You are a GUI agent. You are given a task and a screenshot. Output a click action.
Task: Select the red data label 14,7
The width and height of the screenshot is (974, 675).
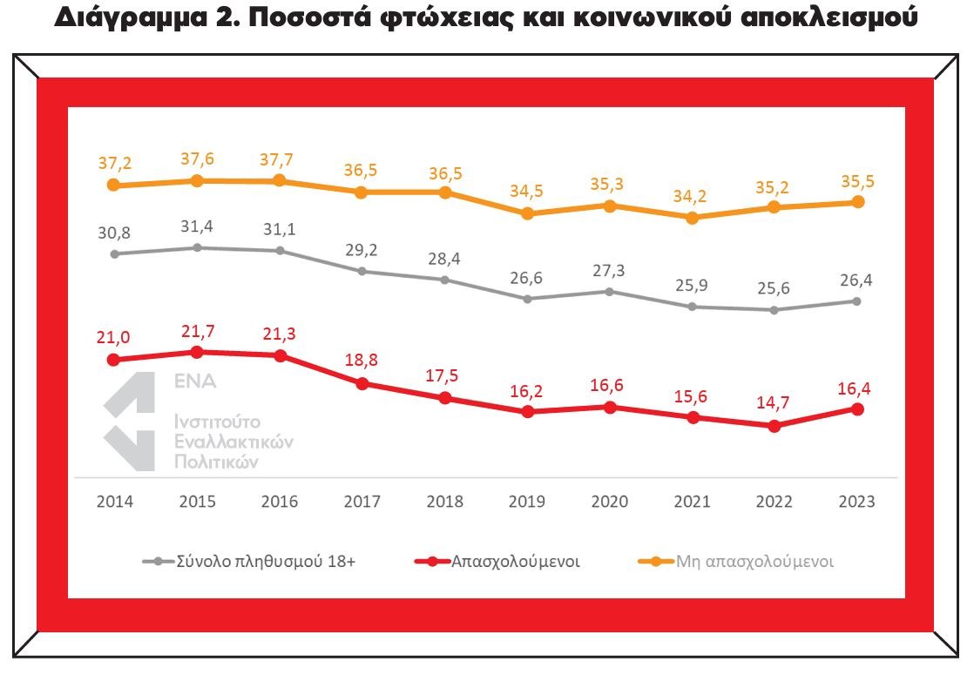click(774, 402)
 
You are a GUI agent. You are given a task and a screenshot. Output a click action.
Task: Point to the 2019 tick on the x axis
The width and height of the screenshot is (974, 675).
click(526, 502)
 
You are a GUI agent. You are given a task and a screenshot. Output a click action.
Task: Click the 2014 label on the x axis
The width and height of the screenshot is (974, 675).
click(113, 502)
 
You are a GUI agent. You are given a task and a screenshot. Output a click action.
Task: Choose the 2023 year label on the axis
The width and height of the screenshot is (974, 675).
click(856, 502)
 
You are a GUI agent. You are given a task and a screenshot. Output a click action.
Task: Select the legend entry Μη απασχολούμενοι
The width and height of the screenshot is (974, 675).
click(754, 562)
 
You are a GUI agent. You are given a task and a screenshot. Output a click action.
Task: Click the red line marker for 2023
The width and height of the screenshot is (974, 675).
click(857, 409)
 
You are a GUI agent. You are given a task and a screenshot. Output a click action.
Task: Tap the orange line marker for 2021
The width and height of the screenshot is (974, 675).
click(692, 218)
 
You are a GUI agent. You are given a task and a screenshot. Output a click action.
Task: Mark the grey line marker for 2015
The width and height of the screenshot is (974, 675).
click(197, 247)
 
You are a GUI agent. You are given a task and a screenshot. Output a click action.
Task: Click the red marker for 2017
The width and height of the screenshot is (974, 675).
click(362, 383)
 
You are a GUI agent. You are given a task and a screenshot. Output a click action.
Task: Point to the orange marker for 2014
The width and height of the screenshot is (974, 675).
click(113, 185)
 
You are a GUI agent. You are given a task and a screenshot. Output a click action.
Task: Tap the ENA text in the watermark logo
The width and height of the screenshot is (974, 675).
click(195, 381)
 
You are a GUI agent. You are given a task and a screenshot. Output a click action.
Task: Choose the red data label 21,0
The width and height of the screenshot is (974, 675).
click(113, 336)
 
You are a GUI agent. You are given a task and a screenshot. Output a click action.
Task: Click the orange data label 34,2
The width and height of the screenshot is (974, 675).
click(691, 195)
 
